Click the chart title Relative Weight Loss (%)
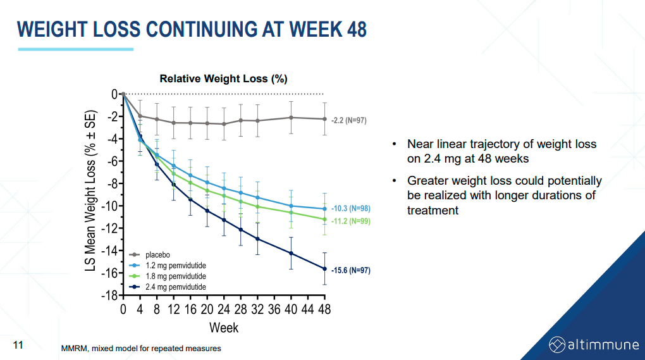223,79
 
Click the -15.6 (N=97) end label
350,270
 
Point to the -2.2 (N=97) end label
348,120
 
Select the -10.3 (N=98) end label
350,208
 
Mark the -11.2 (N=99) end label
350,221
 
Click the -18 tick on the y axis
111,295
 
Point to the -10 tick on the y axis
111,206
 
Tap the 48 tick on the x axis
324,309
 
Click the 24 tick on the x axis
224,309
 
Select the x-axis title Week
224,328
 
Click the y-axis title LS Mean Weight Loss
91,193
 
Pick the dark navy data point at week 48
324,269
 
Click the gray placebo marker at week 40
291,118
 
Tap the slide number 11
18,345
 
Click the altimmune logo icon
556,344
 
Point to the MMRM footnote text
141,349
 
